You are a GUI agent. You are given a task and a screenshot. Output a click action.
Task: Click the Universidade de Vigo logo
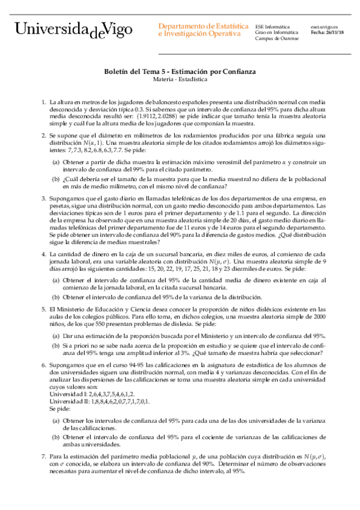pyautogui.click(x=76, y=30)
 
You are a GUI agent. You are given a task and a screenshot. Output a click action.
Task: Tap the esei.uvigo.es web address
pyautogui.click(x=325, y=26)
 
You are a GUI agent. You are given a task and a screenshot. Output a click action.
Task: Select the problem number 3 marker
pyautogui.click(x=43, y=197)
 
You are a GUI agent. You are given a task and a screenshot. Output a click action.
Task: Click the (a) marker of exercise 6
pyautogui.click(x=55, y=423)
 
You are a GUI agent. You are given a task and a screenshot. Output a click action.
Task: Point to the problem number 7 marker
pyautogui.click(x=43, y=457)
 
